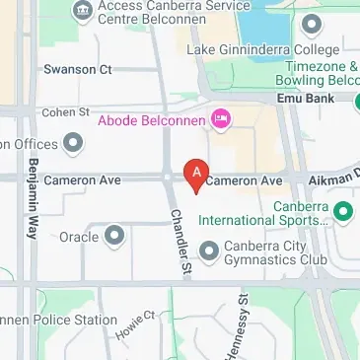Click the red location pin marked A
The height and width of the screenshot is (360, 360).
(x=195, y=176)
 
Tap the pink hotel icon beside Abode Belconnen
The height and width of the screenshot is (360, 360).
(x=221, y=119)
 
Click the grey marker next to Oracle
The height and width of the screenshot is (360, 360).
(x=114, y=236)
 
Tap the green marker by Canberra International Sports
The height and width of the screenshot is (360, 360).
(x=343, y=210)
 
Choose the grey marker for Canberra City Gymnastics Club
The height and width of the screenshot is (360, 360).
(x=208, y=252)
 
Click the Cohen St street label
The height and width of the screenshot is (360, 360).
(x=65, y=112)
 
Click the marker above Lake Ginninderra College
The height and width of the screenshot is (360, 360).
(x=312, y=24)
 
